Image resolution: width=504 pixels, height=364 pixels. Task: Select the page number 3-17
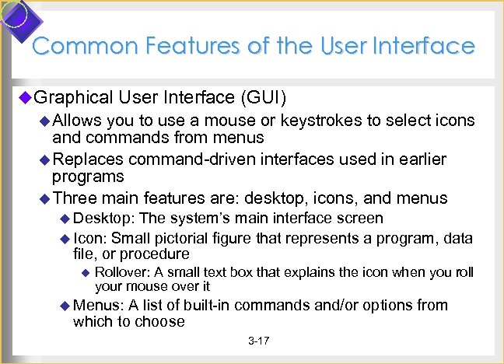pos(258,341)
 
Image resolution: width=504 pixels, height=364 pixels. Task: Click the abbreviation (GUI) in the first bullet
pos(264,97)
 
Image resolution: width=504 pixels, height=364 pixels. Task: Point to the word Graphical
pos(73,97)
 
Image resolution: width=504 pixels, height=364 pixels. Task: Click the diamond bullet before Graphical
pos(26,97)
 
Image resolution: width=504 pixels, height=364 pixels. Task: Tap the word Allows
pos(77,121)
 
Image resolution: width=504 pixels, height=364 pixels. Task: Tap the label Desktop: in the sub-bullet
pos(103,219)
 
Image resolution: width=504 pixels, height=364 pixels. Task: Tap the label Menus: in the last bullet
pos(99,305)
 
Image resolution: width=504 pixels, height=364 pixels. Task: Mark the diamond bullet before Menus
pos(65,305)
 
